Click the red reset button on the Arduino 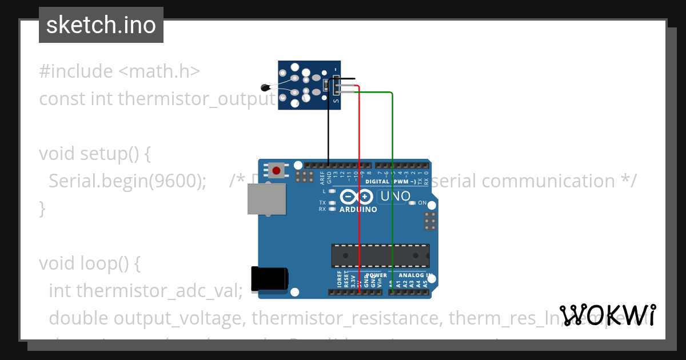click(277, 170)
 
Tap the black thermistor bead click(265, 87)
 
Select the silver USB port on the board click(266, 199)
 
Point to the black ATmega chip click(380, 255)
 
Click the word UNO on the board click(395, 196)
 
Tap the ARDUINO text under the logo click(358, 209)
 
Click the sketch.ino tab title click(101, 25)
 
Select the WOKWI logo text click(608, 315)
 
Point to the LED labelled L click(332, 191)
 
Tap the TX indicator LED click(332, 203)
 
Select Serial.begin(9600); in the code click(127, 181)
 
